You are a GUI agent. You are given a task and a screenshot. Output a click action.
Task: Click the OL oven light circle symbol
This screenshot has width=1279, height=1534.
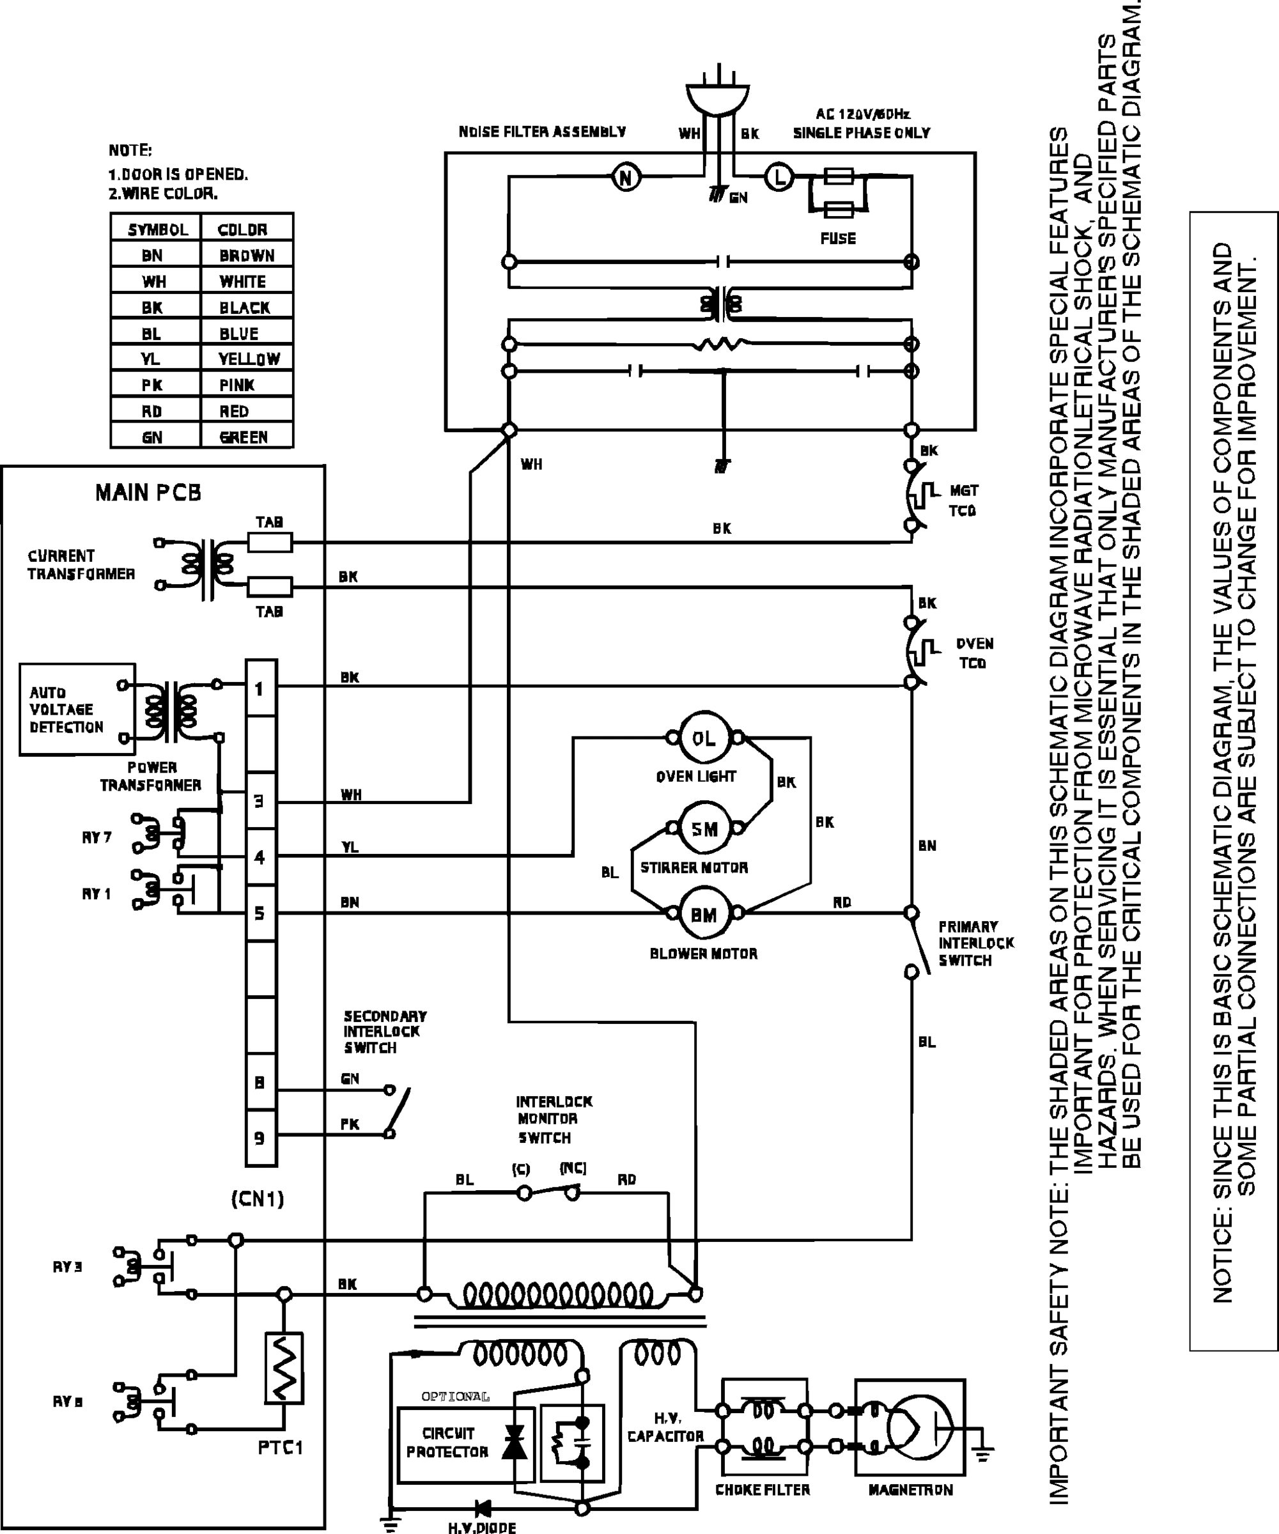704,738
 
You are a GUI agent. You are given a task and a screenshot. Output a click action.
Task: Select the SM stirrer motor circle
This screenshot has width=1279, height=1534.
704,828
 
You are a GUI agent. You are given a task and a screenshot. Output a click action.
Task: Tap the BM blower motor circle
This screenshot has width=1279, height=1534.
704,915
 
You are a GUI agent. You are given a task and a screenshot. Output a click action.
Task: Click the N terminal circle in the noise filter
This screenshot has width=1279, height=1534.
626,178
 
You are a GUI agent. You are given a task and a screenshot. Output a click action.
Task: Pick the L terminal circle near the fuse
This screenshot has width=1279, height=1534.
779,178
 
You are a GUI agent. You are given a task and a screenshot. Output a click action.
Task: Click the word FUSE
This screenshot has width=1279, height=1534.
838,238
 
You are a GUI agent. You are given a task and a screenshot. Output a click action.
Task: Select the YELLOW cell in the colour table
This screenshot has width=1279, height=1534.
247,359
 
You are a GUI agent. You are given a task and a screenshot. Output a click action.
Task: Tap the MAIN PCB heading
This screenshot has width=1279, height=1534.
148,493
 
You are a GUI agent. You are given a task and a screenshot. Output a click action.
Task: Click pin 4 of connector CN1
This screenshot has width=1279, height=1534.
260,857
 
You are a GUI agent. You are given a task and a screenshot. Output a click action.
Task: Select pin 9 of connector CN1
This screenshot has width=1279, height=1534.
260,1137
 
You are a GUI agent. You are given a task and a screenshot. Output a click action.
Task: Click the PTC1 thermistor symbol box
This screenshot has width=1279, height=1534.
283,1367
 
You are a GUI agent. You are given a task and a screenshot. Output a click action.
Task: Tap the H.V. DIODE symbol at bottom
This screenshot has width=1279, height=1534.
482,1508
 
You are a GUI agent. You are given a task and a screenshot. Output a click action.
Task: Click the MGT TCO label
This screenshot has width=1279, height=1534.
963,500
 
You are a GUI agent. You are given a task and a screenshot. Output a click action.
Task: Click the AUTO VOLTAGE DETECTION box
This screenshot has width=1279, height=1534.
67,709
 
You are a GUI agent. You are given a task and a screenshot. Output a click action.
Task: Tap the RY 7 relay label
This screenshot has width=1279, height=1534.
97,837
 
